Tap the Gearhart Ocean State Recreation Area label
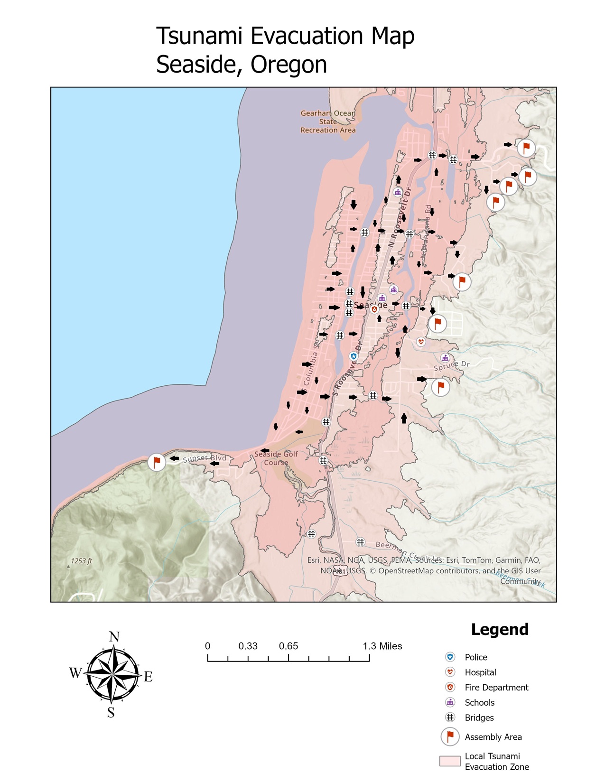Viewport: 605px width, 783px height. pos(328,121)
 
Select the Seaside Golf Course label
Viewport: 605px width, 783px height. pos(276,458)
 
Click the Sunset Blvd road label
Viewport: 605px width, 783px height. pos(205,458)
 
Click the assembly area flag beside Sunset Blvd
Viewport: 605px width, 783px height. pos(157,462)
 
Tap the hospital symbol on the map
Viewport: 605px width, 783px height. pos(421,341)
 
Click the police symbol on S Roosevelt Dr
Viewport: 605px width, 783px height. pos(354,356)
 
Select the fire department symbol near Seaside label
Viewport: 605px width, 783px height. pos(374,309)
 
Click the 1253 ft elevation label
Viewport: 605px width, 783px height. pos(82,561)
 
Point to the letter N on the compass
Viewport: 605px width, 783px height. pos(114,637)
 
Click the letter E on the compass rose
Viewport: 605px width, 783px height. pos(148,677)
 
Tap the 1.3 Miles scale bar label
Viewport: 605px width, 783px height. pos(382,646)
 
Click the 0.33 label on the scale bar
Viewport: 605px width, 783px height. pos(248,646)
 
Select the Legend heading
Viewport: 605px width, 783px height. pos(500,630)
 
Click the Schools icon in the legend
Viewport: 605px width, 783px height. pos(450,702)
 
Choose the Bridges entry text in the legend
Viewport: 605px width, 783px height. pos(479,718)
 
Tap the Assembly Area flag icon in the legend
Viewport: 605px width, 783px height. pos(450,736)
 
